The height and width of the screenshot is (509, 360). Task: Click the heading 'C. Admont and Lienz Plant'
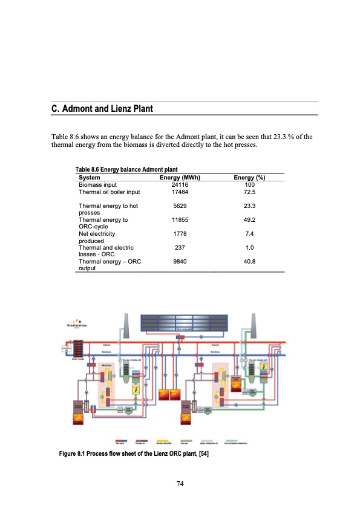coord(102,109)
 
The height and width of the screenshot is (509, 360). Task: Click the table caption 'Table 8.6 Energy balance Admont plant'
coord(126,171)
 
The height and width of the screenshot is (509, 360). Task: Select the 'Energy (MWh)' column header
coord(179,178)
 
